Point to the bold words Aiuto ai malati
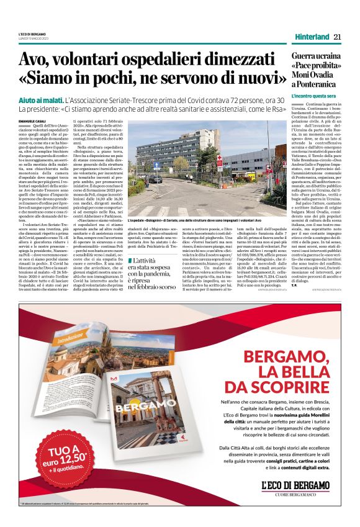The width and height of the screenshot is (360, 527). pyautogui.click(x=40, y=100)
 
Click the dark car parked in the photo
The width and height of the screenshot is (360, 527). pyautogui.click(x=154, y=179)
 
